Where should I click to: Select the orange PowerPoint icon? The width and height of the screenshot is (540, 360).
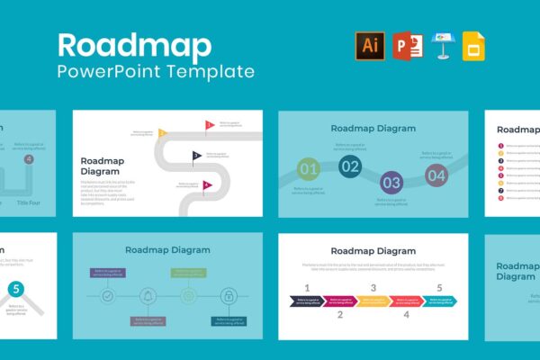click(x=407, y=46)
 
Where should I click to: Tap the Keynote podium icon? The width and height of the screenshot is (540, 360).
click(x=442, y=46)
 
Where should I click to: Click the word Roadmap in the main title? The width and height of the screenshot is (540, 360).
click(x=135, y=45)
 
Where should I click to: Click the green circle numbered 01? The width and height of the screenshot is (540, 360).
click(x=309, y=168)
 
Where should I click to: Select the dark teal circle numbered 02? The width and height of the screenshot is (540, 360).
click(x=350, y=166)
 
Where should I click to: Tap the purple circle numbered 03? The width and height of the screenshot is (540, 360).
click(x=391, y=181)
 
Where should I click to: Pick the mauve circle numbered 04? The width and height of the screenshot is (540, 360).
click(x=436, y=175)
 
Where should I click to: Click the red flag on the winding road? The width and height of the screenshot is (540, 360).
click(x=210, y=124)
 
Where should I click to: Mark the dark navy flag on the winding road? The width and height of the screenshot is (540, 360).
click(x=196, y=156)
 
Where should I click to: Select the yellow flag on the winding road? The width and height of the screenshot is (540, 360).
click(x=163, y=133)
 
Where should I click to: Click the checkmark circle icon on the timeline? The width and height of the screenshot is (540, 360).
click(x=107, y=294)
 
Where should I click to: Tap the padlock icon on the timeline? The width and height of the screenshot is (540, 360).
click(x=229, y=294)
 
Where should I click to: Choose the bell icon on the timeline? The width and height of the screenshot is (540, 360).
click(x=148, y=294)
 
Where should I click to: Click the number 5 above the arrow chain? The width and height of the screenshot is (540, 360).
click(x=440, y=288)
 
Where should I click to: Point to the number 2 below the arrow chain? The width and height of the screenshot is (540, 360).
click(x=340, y=315)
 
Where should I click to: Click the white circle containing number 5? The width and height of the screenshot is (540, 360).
click(x=15, y=290)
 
